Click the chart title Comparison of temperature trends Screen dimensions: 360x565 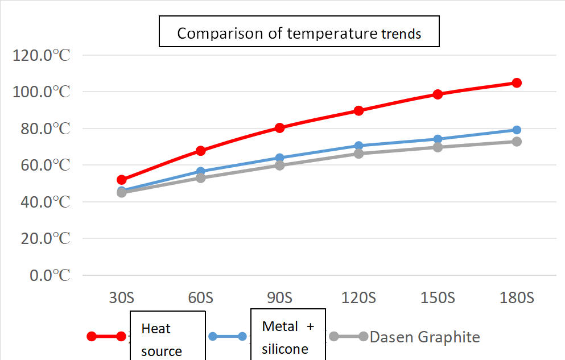(x=299, y=33)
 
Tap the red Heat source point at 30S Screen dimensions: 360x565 (x=121, y=180)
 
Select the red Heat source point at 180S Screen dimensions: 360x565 (x=517, y=83)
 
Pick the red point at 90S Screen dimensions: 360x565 (x=279, y=128)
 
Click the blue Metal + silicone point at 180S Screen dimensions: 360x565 (x=517, y=130)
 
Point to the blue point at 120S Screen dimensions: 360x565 (x=358, y=146)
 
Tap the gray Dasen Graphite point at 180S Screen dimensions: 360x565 (x=517, y=142)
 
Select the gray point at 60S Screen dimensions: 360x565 (x=200, y=178)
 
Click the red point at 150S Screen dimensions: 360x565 (x=438, y=94)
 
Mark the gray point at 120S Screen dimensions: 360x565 (x=358, y=154)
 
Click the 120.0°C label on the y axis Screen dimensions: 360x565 (x=41, y=55)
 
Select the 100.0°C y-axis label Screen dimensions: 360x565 (x=41, y=92)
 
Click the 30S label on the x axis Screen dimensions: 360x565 (x=121, y=297)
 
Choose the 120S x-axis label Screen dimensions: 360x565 (x=358, y=297)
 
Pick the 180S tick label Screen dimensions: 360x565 (x=517, y=297)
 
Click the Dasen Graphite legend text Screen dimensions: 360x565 (x=424, y=337)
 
